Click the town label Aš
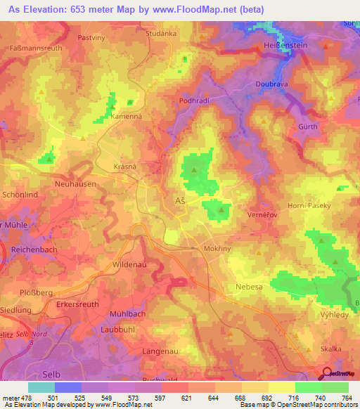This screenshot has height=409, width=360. click(179, 201)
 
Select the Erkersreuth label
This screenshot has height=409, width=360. click(79, 306)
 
